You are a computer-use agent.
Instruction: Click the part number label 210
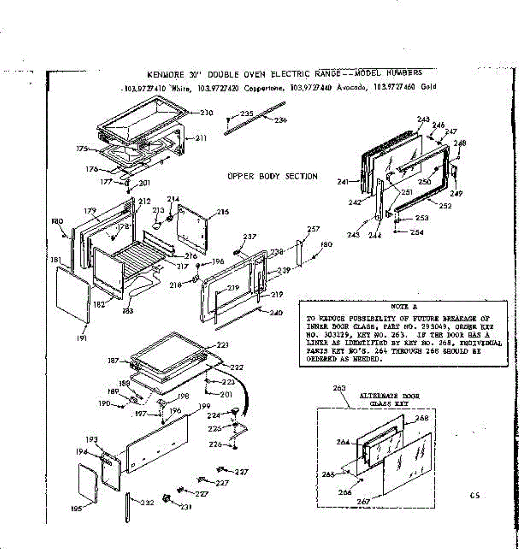pos(206,113)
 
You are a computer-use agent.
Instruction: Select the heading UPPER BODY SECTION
pos(272,176)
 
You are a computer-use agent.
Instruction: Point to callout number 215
pos(223,212)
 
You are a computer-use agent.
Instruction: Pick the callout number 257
pos(314,229)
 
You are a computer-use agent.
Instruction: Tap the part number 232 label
pos(147,503)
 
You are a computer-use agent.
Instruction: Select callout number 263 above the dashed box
pos(339,388)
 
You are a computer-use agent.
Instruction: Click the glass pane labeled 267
pos(402,462)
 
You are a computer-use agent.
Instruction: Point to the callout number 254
pos(417,232)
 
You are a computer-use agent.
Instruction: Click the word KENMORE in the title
pos(165,75)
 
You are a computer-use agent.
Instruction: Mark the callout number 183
pos(128,311)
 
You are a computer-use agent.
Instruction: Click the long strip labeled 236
pos(252,119)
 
